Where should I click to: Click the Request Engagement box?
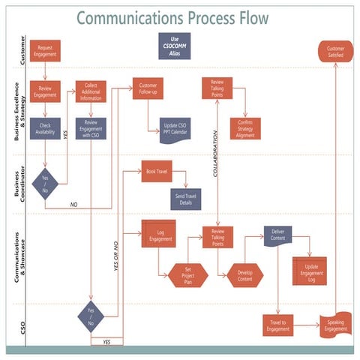(45, 51)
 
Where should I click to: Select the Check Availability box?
(45, 128)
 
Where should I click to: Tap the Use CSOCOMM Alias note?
(175, 46)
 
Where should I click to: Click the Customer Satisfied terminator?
(335, 52)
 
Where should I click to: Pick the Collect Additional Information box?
(91, 91)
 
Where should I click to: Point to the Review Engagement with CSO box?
(91, 128)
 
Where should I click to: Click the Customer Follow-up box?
(148, 88)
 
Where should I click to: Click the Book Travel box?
(157, 171)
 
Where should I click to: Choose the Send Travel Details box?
(184, 199)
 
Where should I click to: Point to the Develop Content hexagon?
(245, 275)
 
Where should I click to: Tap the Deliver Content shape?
(277, 237)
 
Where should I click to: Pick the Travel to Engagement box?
(278, 325)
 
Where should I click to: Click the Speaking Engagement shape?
(335, 325)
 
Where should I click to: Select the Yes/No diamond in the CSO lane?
(91, 316)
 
